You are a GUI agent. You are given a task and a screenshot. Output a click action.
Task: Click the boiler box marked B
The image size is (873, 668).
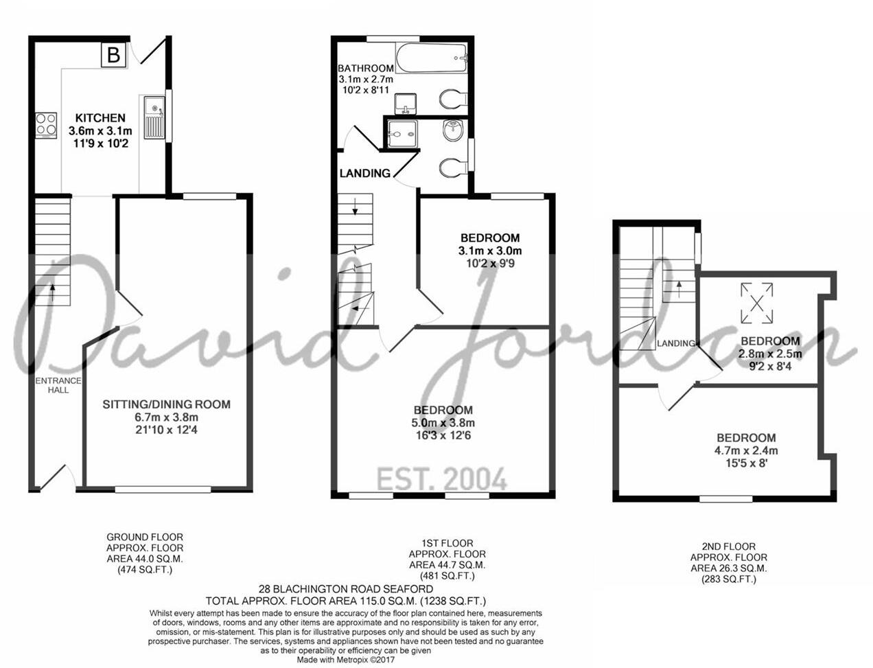point(114,55)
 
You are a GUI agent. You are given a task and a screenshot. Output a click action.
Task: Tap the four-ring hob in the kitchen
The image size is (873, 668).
point(46,126)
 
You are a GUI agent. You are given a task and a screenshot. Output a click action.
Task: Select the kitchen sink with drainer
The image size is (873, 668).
point(154,117)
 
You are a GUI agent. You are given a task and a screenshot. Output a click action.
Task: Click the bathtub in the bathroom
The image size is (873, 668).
point(432,58)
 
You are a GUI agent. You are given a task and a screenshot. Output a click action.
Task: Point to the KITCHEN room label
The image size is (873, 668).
point(100,118)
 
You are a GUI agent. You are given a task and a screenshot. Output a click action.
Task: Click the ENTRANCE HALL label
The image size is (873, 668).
point(58,385)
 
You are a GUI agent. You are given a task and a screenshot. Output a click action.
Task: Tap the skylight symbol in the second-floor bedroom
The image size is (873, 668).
point(757,303)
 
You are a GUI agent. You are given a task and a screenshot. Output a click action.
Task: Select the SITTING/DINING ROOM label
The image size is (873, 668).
point(167,404)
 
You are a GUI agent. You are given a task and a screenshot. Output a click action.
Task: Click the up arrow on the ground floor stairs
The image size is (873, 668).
point(52,292)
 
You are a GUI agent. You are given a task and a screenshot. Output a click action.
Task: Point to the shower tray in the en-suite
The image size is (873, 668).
point(401,135)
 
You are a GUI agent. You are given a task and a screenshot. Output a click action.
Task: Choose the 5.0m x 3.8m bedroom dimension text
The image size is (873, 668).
point(443,422)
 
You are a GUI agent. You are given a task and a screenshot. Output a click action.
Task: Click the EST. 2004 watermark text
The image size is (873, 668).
point(442,479)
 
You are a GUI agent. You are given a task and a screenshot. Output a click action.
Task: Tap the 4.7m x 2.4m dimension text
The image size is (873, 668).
point(746,451)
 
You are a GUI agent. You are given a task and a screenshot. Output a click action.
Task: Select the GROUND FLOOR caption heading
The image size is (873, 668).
point(145,537)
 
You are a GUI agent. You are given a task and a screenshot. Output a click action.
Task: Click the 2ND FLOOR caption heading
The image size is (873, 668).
point(729,546)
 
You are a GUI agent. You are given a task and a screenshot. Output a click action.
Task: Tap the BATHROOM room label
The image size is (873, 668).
point(366,69)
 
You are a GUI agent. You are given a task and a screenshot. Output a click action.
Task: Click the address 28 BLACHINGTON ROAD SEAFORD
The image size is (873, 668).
point(346,589)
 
